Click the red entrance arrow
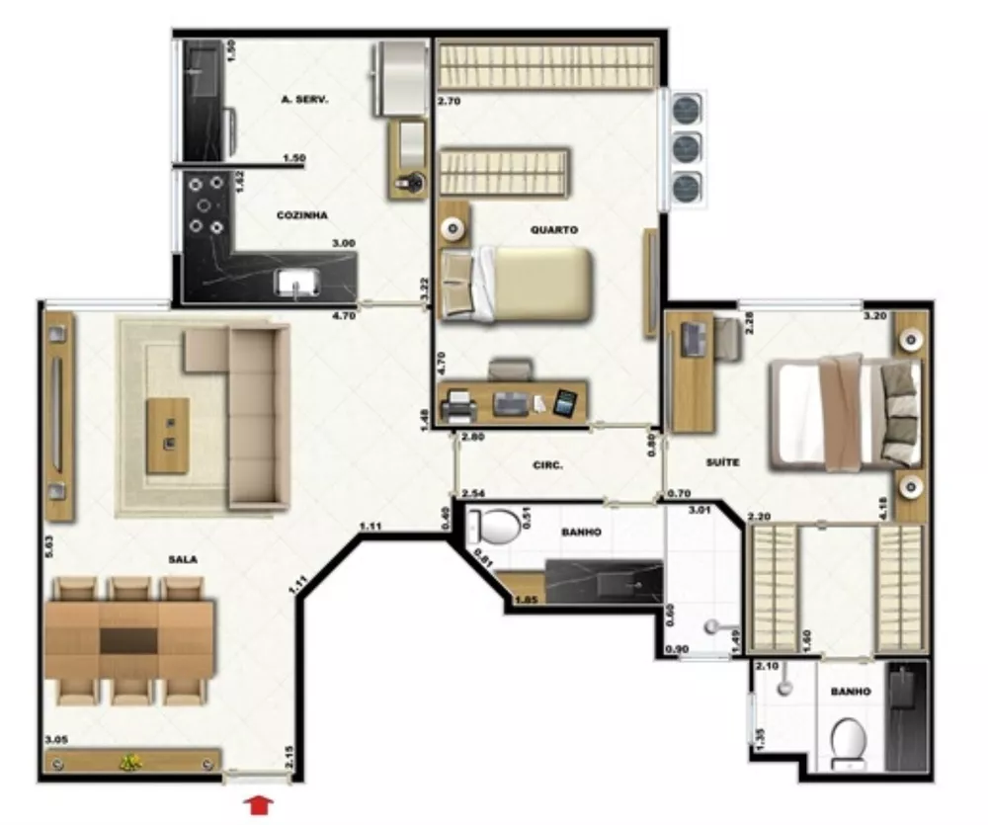pyautogui.click(x=259, y=805)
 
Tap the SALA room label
pyautogui.click(x=182, y=559)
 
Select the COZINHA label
pyautogui.click(x=301, y=214)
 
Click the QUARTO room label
pyautogui.click(x=553, y=229)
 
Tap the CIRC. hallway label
pyautogui.click(x=548, y=464)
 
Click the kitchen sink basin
pyautogui.click(x=297, y=284)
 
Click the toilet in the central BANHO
pyautogui.click(x=494, y=526)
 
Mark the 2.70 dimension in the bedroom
pyautogui.click(x=449, y=101)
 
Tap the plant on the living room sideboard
pyautogui.click(x=130, y=762)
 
